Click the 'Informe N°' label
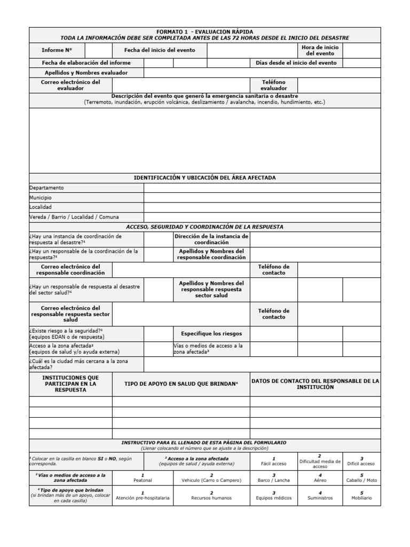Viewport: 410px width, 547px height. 57,50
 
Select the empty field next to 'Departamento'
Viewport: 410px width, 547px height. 262,188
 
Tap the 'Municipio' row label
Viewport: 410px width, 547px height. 41,198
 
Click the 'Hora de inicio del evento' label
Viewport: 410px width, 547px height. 320,50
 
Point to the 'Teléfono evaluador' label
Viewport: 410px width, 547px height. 273,85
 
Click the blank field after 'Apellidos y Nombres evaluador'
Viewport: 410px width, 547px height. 262,73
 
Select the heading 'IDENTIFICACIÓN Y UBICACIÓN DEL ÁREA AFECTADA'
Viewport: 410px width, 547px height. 205,177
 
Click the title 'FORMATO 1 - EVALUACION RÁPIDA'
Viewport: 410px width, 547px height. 205,32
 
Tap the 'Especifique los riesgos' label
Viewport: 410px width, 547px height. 211,334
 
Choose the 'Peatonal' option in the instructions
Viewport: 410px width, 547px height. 143,478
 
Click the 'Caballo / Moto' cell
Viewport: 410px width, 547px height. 361,478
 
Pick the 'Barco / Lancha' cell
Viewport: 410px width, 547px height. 274,478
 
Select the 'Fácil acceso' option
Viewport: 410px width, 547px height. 274,461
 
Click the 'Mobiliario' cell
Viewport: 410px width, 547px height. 361,495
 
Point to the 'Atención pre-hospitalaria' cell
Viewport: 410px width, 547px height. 143,495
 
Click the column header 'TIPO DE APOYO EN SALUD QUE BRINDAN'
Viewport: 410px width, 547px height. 181,384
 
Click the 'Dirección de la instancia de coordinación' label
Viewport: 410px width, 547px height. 211,239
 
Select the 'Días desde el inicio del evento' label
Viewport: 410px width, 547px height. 296,62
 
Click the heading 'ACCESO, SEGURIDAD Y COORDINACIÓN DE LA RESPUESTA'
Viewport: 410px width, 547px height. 205,227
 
